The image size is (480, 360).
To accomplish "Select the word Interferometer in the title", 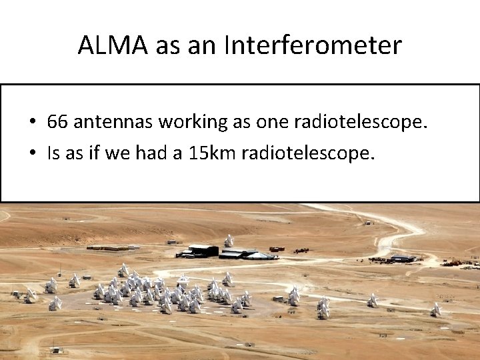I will pyautogui.click(x=313, y=45).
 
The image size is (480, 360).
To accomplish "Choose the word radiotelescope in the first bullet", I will pyautogui.click(x=361, y=122).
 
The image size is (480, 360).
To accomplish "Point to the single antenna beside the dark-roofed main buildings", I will pyautogui.click(x=229, y=241).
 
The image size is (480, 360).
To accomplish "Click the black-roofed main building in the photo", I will pyautogui.click(x=203, y=250).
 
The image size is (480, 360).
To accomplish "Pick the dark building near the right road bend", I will pyautogui.click(x=403, y=259).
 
